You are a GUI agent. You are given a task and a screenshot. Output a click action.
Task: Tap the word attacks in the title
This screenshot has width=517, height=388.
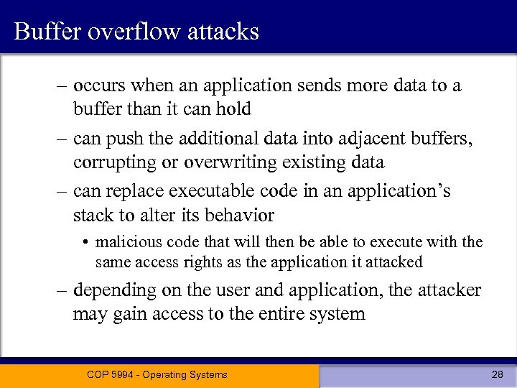225,32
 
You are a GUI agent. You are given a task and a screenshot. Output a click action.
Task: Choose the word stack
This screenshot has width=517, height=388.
93,215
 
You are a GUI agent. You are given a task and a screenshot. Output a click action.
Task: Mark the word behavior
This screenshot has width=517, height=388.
239,215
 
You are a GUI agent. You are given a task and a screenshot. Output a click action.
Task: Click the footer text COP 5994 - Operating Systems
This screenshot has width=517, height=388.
157,374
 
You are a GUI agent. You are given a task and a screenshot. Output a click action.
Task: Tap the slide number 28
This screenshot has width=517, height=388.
496,374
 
